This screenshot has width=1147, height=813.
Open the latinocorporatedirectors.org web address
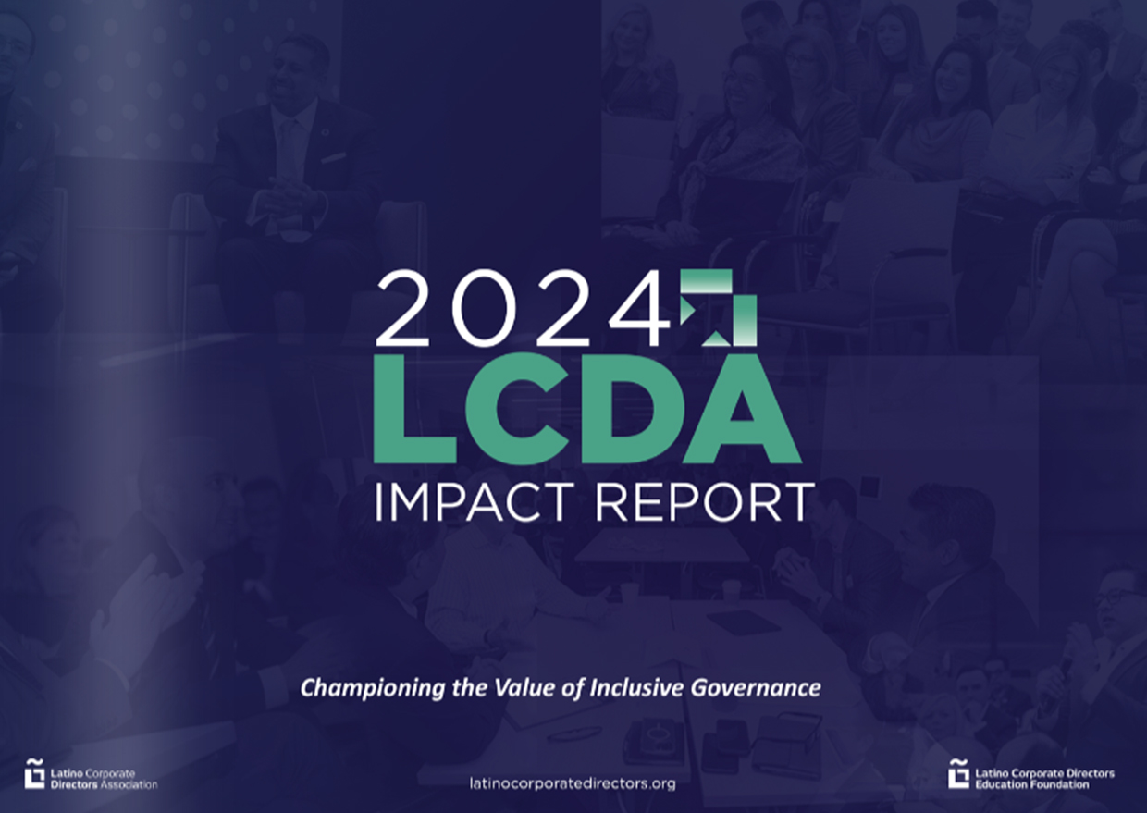(573, 783)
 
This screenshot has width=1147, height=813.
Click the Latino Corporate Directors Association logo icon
(34, 773)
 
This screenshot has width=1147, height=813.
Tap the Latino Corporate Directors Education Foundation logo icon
(958, 773)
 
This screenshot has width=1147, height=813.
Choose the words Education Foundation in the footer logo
(1031, 784)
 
